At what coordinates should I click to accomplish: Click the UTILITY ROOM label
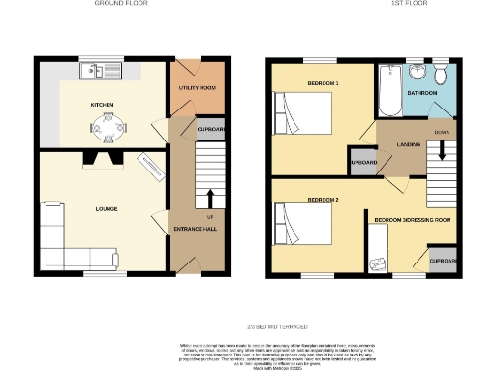point(196,87)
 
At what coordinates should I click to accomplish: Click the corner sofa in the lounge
point(63,236)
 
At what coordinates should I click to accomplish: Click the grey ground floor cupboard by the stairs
point(209,130)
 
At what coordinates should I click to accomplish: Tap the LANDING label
point(407,144)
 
